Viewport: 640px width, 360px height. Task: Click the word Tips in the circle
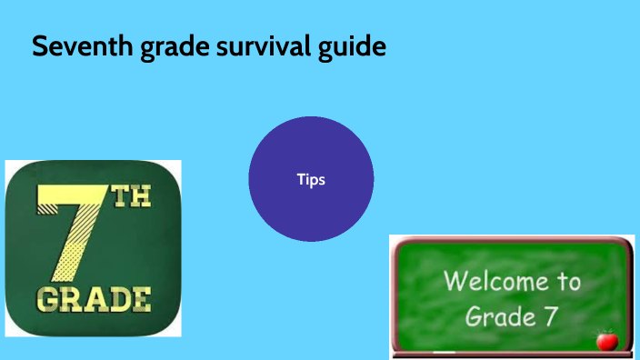point(311,179)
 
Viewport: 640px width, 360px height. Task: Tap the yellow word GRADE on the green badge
point(94,298)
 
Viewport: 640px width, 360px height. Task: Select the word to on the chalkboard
point(566,282)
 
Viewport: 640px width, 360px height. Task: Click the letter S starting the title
point(39,46)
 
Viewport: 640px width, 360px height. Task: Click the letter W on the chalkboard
point(454,282)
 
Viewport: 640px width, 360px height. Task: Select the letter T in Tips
point(301,179)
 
